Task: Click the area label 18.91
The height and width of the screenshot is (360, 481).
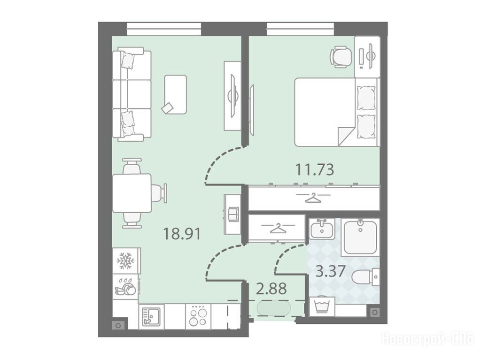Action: (x=182, y=234)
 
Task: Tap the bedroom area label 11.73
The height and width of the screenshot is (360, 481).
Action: (x=314, y=169)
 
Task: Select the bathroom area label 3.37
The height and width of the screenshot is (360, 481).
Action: (x=331, y=271)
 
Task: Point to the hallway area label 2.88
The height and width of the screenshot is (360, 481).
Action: (x=271, y=289)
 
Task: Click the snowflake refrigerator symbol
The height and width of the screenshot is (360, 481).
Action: (x=126, y=261)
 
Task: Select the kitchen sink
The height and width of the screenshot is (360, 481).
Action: (x=151, y=316)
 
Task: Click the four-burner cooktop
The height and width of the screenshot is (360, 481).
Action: (x=198, y=316)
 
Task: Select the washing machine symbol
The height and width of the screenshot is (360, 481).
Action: (x=321, y=306)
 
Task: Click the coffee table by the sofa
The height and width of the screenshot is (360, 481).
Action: (x=176, y=94)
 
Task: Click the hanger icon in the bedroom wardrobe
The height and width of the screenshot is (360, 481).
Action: (x=313, y=197)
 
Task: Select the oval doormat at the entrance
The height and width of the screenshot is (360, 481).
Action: (x=274, y=308)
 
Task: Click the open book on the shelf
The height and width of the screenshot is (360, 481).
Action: (x=232, y=214)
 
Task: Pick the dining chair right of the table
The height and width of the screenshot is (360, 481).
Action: (x=160, y=193)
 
